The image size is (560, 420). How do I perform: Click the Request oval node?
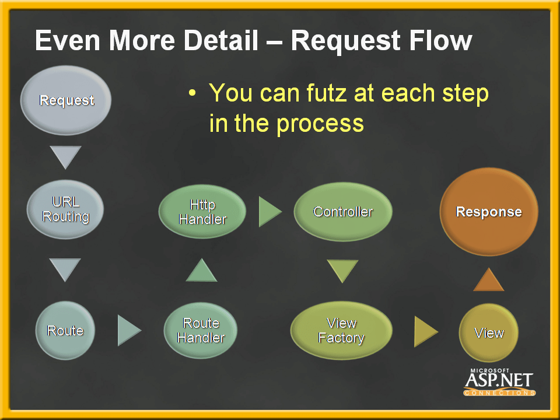[x=66, y=100]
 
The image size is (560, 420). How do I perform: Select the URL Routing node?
[x=65, y=209]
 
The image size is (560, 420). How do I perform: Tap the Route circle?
[x=65, y=330]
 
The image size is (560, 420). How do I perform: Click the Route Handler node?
[x=201, y=330]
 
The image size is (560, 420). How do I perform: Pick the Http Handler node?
[x=202, y=212]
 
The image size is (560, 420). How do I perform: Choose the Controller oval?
[x=343, y=212]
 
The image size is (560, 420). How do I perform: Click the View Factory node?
[x=341, y=330]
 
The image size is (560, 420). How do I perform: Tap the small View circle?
[x=489, y=332]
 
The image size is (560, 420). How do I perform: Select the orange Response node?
[x=489, y=212]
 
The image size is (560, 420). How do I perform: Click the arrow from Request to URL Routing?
[x=65, y=156]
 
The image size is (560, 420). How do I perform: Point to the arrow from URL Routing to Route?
[x=65, y=269]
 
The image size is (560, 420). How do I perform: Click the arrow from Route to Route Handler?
[x=128, y=330]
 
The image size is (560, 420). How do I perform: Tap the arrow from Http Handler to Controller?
[x=269, y=211]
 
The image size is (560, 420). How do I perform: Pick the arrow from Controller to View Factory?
[x=342, y=270]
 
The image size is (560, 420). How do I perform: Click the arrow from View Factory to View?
[x=425, y=331]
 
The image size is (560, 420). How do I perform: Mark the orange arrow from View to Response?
[x=489, y=281]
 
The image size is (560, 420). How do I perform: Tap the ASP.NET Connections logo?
[x=499, y=382]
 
